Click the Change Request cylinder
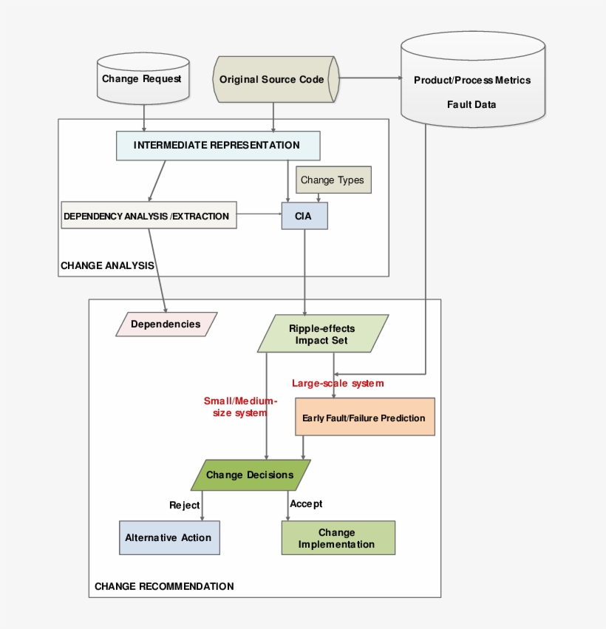coord(141,79)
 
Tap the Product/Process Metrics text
coord(472,80)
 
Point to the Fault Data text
coord(471,104)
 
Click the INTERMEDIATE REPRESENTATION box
coord(217,145)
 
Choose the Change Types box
coord(332,180)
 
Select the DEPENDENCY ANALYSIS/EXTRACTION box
coord(149,215)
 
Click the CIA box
coord(304,215)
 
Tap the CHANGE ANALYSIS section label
coord(107,265)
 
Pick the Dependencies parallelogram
coord(166,324)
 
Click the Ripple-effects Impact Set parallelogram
coord(321,334)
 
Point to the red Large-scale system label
coord(338,383)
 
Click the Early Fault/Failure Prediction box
coord(364,418)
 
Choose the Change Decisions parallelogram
coord(250,475)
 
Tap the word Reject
coord(184,505)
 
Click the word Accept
coord(306,504)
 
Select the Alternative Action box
coord(168,537)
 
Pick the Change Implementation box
coord(337,538)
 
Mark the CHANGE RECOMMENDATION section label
coord(164,586)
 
